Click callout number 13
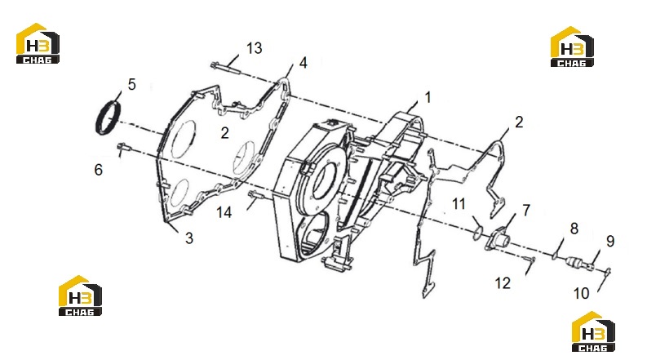point(255,48)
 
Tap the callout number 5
point(131,84)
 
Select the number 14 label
point(224,212)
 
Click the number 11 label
point(459,203)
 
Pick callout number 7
point(526,210)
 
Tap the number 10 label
point(582,294)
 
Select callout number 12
point(503,283)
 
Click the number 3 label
point(189,238)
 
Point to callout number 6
point(98,170)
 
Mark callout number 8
point(574,229)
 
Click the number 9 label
point(610,241)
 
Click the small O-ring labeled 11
point(477,233)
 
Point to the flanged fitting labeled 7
point(498,238)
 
